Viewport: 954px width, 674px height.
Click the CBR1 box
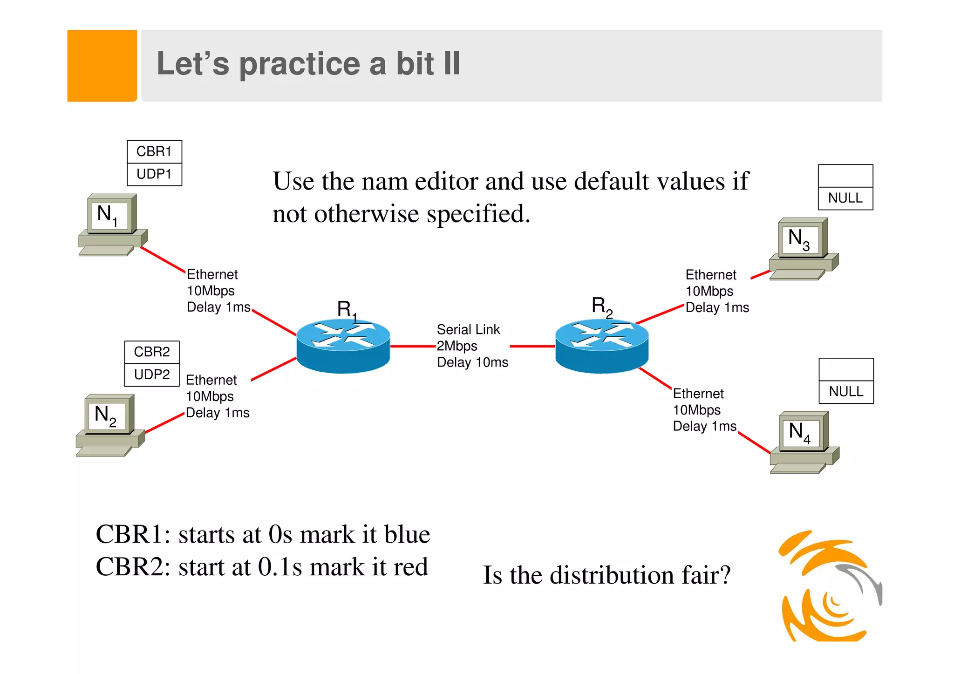click(154, 152)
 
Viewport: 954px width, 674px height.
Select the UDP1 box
click(154, 174)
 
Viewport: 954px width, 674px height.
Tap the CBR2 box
click(152, 352)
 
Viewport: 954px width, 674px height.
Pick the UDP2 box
click(152, 374)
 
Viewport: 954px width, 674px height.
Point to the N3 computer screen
click(800, 239)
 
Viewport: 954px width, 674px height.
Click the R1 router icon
click(343, 346)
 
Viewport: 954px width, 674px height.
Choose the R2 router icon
click(602, 346)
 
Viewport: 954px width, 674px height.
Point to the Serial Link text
click(468, 330)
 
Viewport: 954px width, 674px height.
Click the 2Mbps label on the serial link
click(457, 346)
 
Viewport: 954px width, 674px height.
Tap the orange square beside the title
click(102, 66)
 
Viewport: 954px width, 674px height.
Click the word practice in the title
click(300, 64)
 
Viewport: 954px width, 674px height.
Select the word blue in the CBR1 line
click(407, 534)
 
